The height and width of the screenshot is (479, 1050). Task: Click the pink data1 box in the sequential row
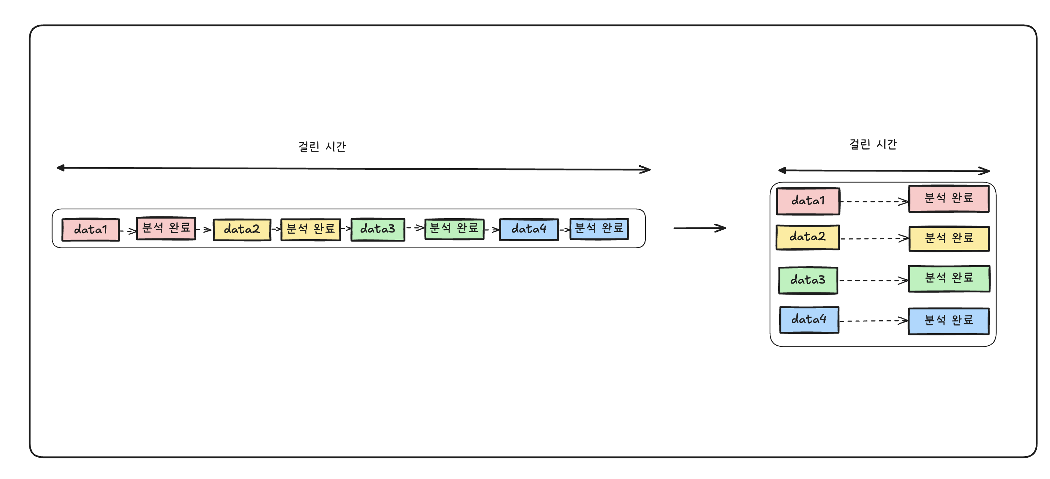(x=90, y=230)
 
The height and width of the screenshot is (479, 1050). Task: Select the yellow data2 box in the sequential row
(x=242, y=230)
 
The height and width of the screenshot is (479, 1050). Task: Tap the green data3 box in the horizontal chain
(x=377, y=229)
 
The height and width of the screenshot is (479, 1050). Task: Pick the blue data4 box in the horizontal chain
(x=529, y=229)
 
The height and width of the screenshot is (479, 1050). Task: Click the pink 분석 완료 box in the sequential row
(x=166, y=228)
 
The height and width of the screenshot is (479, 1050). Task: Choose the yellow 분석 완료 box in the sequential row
(x=310, y=229)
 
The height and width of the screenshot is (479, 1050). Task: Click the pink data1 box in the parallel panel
(x=808, y=201)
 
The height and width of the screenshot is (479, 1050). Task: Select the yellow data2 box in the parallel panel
(x=808, y=237)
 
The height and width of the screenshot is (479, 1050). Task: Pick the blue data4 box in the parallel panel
(x=809, y=320)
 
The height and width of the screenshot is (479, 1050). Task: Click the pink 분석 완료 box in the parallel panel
(x=949, y=198)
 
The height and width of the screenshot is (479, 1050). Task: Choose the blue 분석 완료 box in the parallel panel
(x=949, y=321)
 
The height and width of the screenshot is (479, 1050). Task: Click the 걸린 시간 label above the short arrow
(x=873, y=144)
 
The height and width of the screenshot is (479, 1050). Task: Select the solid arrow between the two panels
(x=700, y=228)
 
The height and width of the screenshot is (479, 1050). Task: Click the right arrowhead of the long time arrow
(x=646, y=169)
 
